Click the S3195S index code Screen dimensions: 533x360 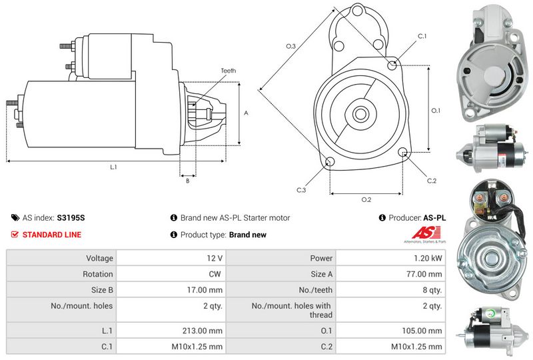pyautogui.click(x=71, y=218)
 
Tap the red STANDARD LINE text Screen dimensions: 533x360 pyautogui.click(x=52, y=235)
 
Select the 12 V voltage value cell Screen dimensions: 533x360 pyautogui.click(x=215, y=258)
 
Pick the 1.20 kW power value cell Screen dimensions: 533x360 pyautogui.click(x=428, y=258)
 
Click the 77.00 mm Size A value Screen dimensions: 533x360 pyautogui.click(x=424, y=274)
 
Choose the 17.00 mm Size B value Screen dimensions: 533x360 pyautogui.click(x=205, y=290)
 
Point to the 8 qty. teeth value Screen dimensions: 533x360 pyautogui.click(x=432, y=290)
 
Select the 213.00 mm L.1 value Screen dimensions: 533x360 pyautogui.click(x=203, y=331)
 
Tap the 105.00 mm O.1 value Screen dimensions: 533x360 pyautogui.click(x=422, y=331)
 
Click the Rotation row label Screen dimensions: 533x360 pyautogui.click(x=97, y=274)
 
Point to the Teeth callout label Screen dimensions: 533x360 pyautogui.click(x=228, y=71)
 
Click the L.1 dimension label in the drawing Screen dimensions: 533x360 pyautogui.click(x=113, y=167)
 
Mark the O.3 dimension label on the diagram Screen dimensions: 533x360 pyautogui.click(x=290, y=46)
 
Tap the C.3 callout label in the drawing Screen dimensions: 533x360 pyautogui.click(x=301, y=190)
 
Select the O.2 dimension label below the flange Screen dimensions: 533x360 pyautogui.click(x=366, y=199)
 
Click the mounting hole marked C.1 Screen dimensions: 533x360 pyautogui.click(x=392, y=64)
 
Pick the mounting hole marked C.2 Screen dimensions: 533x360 pyautogui.click(x=403, y=152)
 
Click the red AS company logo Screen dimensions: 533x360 pyautogui.click(x=425, y=234)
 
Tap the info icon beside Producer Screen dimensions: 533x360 pyautogui.click(x=382, y=218)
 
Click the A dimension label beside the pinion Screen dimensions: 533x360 pyautogui.click(x=246, y=113)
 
